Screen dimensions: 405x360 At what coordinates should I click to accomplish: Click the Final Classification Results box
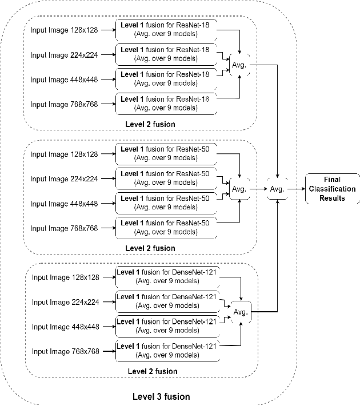point(332,189)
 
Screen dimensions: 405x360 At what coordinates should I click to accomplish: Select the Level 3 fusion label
point(161,396)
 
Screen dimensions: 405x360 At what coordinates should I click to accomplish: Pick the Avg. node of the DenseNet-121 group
point(241,312)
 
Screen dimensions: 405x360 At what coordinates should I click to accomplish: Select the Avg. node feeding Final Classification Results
point(277,189)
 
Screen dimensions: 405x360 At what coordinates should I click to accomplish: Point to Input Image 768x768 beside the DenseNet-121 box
point(65,351)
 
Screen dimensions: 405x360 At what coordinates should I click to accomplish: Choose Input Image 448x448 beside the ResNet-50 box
point(64,204)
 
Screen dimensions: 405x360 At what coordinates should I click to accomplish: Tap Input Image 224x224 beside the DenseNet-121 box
point(65,302)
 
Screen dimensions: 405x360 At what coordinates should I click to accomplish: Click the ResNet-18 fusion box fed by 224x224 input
point(165,54)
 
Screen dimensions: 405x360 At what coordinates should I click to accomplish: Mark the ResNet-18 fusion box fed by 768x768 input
point(165,103)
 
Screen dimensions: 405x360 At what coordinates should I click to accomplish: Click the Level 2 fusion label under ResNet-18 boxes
point(151,124)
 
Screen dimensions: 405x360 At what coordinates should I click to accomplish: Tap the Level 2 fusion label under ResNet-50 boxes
point(151,248)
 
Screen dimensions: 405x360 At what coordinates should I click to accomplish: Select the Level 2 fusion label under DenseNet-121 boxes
point(152,371)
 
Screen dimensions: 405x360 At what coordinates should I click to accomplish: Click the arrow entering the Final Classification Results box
point(296,189)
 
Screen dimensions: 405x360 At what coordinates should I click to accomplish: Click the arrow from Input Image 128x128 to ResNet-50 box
point(107,154)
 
